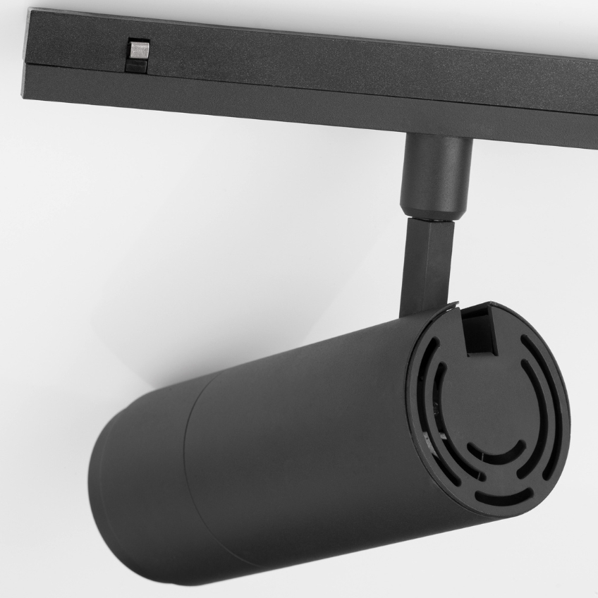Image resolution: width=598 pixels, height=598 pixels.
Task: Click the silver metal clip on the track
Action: pos(138,51)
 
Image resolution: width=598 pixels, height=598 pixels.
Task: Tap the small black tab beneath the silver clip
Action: pos(136,66)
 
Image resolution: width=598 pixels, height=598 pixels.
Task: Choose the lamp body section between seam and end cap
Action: pos(303,437)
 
